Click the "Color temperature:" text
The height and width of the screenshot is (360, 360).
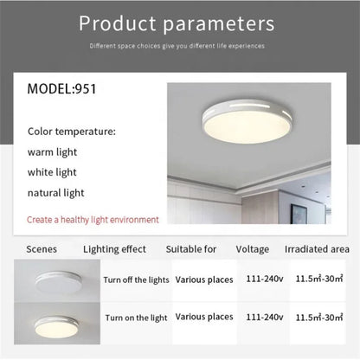[71, 132]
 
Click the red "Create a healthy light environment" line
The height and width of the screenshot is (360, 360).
[93, 220]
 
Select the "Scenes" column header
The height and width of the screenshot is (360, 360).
[42, 249]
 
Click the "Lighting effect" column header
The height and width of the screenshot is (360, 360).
[114, 249]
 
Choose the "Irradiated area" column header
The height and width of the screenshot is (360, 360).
[316, 249]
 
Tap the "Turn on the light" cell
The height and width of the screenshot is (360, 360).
[135, 318]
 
